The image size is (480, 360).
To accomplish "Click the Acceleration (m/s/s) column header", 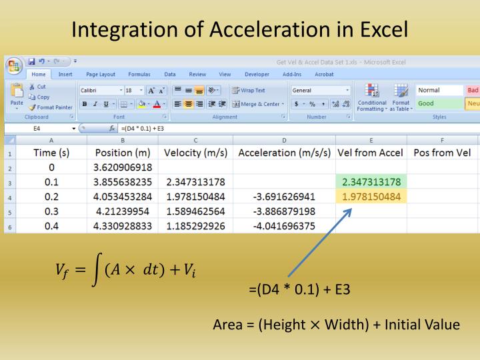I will tap(284, 152).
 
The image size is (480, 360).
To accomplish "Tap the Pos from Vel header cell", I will tap(442, 152).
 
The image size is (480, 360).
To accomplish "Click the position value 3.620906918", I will tap(123, 167).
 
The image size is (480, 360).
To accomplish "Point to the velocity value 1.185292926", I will tap(195, 226).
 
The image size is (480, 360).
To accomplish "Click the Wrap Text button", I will tap(249, 91).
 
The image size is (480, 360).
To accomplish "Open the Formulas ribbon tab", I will tap(139, 75).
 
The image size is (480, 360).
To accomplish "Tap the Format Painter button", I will tap(51, 107).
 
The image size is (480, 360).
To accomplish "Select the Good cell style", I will tap(426, 103).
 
